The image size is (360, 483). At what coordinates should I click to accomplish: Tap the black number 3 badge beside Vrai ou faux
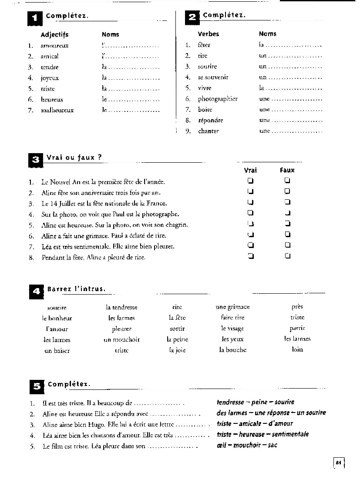click(x=35, y=160)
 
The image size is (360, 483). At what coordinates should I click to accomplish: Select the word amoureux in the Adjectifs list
click(x=54, y=46)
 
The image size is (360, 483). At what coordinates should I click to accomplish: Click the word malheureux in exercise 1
click(x=57, y=111)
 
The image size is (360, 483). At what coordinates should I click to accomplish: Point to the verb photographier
click(x=218, y=99)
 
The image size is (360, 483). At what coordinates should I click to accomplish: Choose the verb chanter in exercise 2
click(x=209, y=131)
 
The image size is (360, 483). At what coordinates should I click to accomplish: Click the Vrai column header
click(x=250, y=170)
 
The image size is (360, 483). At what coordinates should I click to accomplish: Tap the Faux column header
click(x=287, y=170)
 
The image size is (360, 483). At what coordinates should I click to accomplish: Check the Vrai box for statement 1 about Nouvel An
click(x=250, y=181)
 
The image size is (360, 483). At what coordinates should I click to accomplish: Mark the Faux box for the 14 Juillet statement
click(x=287, y=202)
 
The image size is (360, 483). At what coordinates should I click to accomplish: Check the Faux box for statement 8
click(x=287, y=256)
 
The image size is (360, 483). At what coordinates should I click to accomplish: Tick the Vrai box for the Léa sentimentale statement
click(x=250, y=245)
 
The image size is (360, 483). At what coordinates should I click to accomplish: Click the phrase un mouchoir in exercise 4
click(x=121, y=340)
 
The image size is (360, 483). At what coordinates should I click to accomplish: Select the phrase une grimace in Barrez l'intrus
click(x=232, y=307)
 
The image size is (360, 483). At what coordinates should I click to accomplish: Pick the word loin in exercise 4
click(x=297, y=349)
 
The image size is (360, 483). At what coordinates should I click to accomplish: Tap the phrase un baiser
click(x=57, y=351)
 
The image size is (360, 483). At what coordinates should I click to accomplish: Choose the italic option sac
click(x=273, y=445)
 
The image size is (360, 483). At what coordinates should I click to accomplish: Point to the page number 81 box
click(x=338, y=463)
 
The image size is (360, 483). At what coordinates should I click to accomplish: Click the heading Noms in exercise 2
click(x=267, y=34)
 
